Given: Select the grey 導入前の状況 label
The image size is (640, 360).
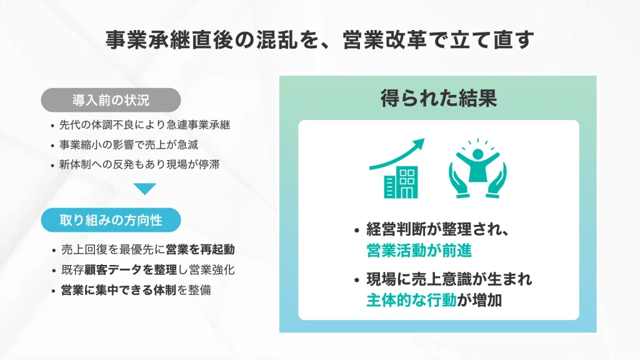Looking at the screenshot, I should tap(111, 99).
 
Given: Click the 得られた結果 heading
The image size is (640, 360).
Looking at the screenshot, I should tap(438, 98).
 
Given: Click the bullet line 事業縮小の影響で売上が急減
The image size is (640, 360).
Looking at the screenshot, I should tap(129, 145).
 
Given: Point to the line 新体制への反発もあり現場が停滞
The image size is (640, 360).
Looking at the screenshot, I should tap(141, 165).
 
